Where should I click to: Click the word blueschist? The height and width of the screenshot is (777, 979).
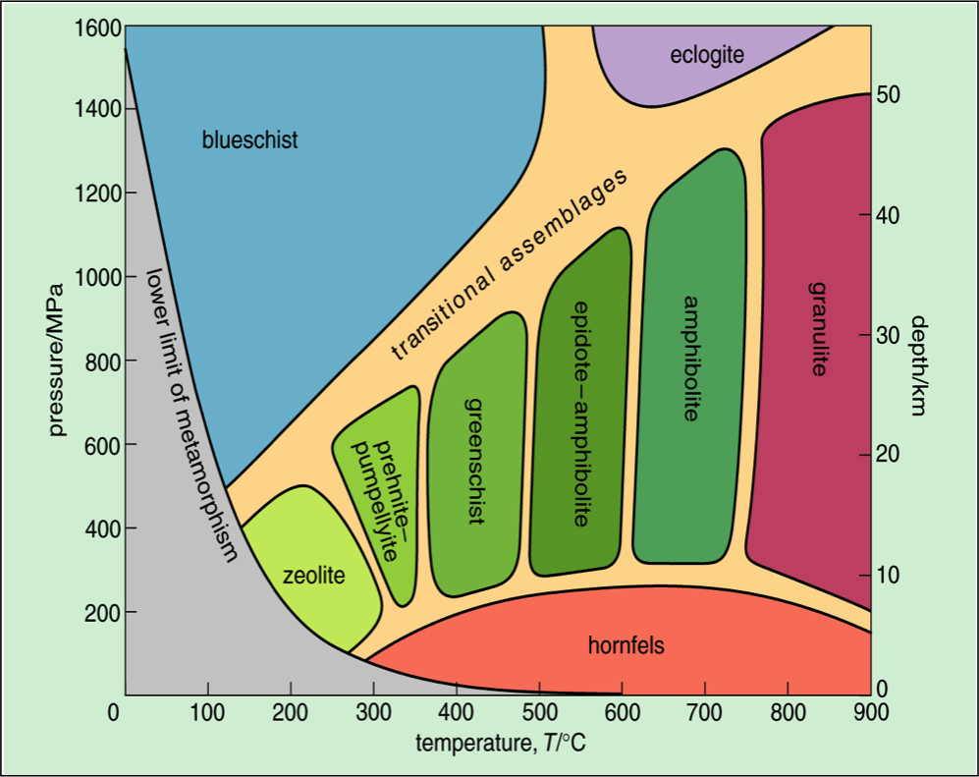click(249, 139)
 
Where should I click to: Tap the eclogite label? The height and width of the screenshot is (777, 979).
click(707, 55)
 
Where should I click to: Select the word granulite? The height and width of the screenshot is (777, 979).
click(817, 329)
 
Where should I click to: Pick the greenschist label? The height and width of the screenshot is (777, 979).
click(475, 461)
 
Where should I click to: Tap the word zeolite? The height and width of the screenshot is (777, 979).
click(314, 576)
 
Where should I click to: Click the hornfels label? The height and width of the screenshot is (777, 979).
click(625, 645)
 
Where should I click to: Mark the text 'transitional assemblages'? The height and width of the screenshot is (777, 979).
click(510, 266)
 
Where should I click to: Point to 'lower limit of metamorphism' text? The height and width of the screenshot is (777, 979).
click(192, 414)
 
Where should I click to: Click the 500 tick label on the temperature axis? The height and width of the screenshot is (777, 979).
click(539, 712)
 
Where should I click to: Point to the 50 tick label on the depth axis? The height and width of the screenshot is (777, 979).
click(891, 94)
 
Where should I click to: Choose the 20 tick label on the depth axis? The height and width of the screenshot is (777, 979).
click(891, 455)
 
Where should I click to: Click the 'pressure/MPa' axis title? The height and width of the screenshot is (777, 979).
click(56, 361)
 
